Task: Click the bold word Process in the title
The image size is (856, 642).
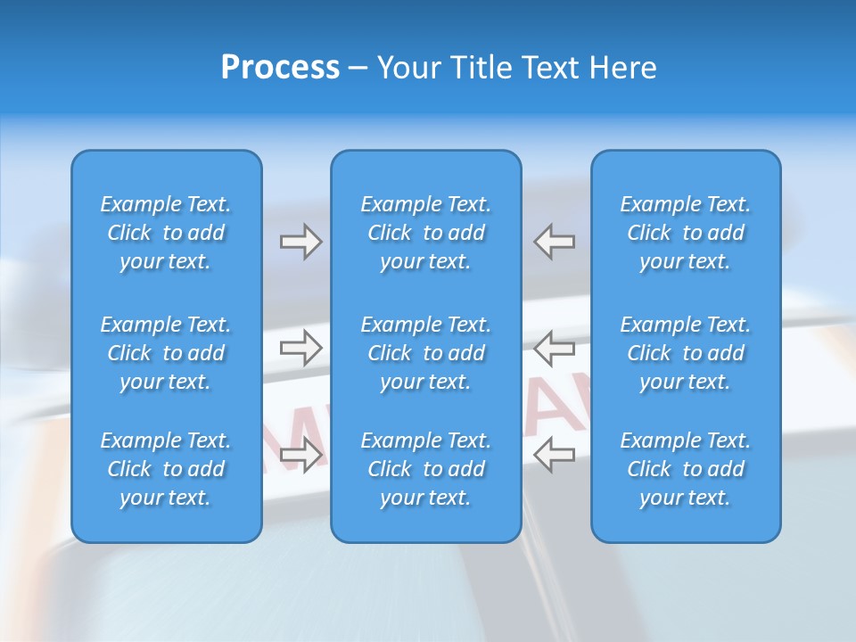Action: click(280, 68)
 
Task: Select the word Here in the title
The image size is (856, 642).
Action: click(623, 68)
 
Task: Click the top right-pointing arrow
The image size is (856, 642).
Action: click(300, 242)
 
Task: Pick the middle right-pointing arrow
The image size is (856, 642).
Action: click(300, 348)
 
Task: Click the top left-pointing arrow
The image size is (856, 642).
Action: click(555, 242)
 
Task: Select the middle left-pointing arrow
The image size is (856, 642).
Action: click(555, 348)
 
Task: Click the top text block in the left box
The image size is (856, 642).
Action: click(166, 233)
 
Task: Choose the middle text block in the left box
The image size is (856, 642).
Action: click(166, 353)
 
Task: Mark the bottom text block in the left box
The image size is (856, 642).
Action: click(166, 469)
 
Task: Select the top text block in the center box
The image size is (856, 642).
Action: click(426, 233)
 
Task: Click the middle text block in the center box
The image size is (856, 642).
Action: click(426, 353)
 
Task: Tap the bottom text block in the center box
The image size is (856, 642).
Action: click(426, 469)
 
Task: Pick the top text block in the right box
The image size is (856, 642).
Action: click(686, 233)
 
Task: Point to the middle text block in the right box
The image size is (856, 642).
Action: click(686, 353)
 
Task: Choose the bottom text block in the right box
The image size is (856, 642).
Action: click(686, 469)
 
